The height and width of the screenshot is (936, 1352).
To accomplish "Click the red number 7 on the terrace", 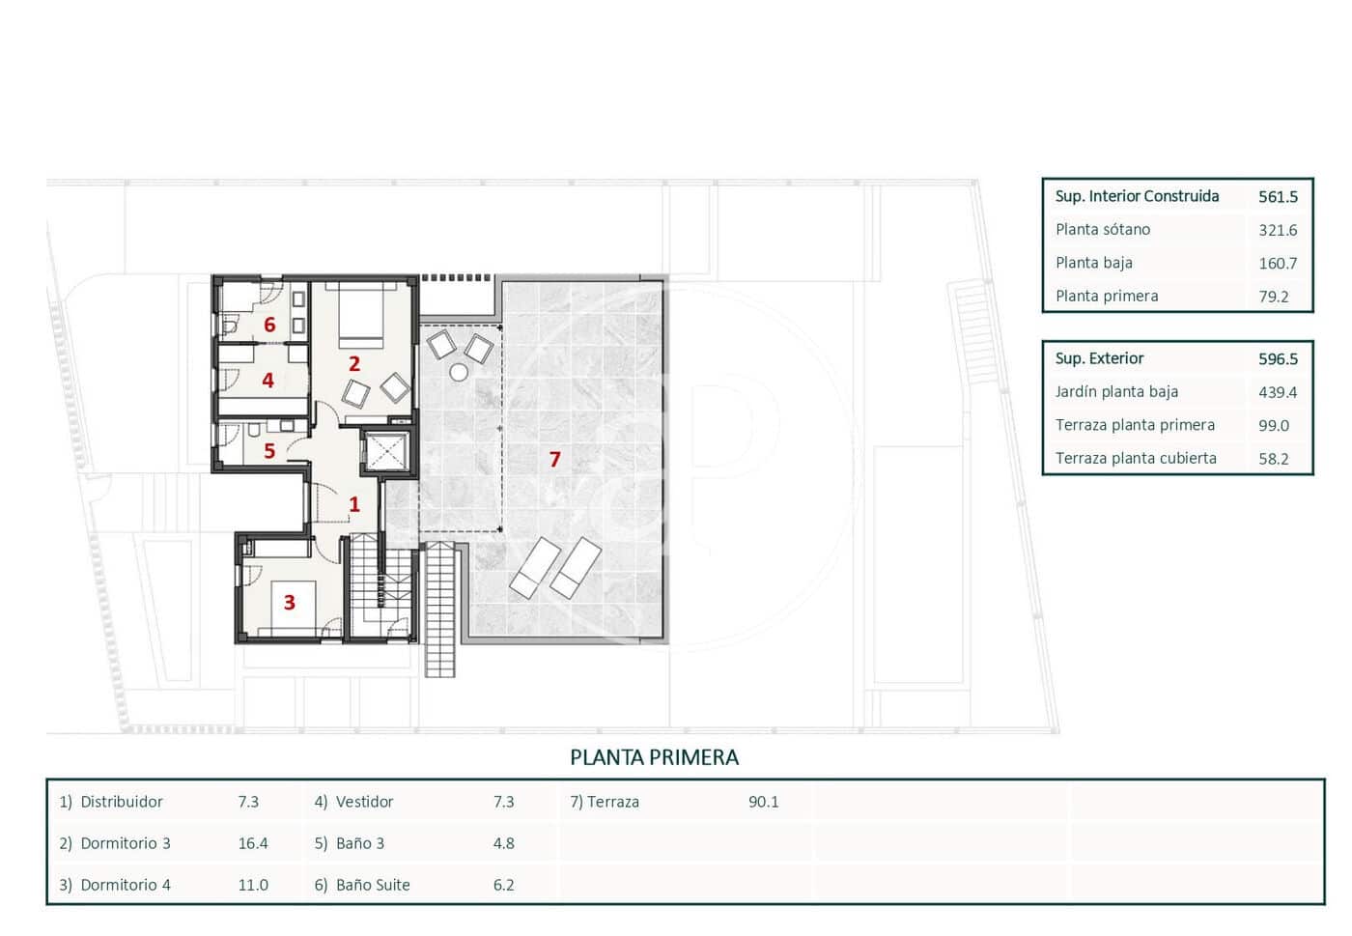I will click(554, 460).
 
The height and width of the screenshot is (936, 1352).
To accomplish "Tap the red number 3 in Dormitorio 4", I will click(289, 603).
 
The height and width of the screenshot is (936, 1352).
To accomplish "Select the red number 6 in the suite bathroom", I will click(269, 326).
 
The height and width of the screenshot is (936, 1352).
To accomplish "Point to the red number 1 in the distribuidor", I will click(354, 504).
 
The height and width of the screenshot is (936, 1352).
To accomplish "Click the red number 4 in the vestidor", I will click(268, 382).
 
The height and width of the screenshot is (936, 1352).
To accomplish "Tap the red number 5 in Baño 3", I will click(269, 451).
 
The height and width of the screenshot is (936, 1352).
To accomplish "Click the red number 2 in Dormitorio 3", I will click(354, 364).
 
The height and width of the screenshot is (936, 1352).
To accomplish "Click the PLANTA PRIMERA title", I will click(654, 758).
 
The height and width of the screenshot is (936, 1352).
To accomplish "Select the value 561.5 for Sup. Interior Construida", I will click(1278, 197).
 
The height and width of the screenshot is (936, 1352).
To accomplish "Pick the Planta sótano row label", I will click(1102, 230).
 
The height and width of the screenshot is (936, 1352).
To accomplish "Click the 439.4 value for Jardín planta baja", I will click(1278, 392).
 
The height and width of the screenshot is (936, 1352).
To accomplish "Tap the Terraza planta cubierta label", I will click(1135, 459).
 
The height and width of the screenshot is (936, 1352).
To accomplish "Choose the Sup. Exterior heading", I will click(1099, 358).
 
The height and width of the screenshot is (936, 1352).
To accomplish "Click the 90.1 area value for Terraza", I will click(763, 802).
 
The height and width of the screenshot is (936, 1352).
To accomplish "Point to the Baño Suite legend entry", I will click(372, 885).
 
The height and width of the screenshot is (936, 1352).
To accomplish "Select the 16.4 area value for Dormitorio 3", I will click(253, 843).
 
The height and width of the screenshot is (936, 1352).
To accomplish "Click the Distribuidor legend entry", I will click(121, 802).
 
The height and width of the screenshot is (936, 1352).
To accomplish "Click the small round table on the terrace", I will click(459, 373).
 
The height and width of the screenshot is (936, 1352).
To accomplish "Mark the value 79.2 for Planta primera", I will click(1273, 297).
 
